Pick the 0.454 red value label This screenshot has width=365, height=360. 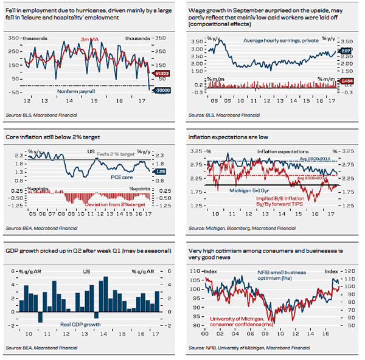tap(346, 81)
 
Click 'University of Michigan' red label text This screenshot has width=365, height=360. tap(238, 318)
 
